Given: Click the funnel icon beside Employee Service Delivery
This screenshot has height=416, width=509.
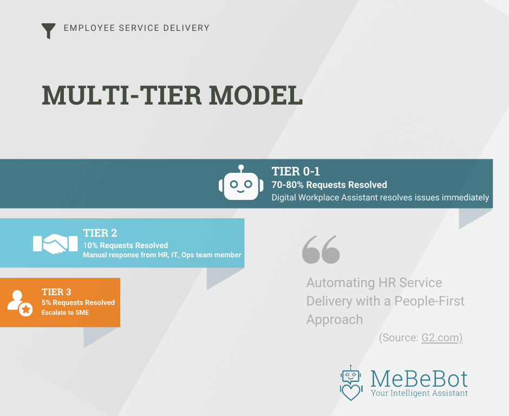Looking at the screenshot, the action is pyautogui.click(x=48, y=31).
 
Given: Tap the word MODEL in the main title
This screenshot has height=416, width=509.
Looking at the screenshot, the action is pyautogui.click(x=256, y=95).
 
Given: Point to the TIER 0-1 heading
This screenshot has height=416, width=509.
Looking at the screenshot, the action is pyautogui.click(x=296, y=171).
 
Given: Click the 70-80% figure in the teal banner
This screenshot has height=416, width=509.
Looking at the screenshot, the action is pyautogui.click(x=288, y=185).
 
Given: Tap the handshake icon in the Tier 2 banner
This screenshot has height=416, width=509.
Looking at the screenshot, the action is pyautogui.click(x=55, y=244).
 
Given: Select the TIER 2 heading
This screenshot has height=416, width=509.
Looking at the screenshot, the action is pyautogui.click(x=100, y=233).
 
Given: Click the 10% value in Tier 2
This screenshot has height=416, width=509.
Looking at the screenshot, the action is pyautogui.click(x=90, y=245).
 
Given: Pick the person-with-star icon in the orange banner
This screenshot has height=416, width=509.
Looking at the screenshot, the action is pyautogui.click(x=20, y=303).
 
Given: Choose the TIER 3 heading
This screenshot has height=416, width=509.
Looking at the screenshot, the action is pyautogui.click(x=56, y=292).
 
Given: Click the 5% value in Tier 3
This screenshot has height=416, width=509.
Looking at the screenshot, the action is pyautogui.click(x=46, y=302).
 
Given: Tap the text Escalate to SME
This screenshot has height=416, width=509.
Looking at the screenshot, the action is pyautogui.click(x=65, y=313).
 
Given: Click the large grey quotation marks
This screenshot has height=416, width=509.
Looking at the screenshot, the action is pyautogui.click(x=321, y=249).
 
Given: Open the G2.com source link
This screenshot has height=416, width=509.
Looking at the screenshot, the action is pyautogui.click(x=440, y=338).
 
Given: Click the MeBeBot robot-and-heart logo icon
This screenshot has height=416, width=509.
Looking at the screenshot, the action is pyautogui.click(x=351, y=383).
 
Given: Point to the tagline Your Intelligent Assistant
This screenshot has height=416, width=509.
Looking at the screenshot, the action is pyautogui.click(x=419, y=393).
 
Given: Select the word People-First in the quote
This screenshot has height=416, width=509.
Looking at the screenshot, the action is pyautogui.click(x=429, y=301).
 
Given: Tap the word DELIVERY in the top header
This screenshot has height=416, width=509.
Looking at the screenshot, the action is pyautogui.click(x=186, y=28).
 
